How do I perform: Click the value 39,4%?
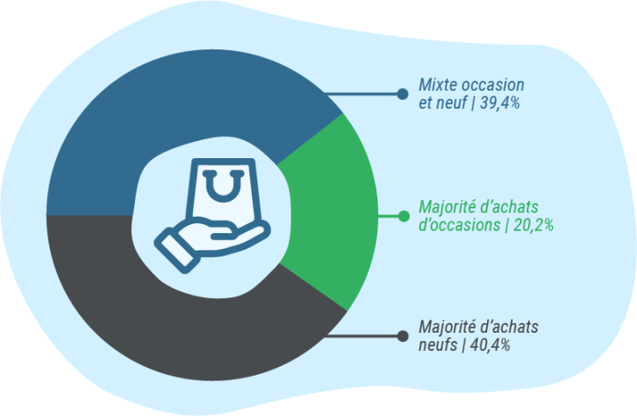[499, 103]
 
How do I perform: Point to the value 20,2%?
[533, 225]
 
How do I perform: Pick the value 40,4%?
[490, 345]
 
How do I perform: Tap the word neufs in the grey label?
[438, 345]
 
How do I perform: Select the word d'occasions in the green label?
[460, 225]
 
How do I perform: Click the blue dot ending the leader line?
[403, 94]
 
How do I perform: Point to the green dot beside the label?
[404, 216]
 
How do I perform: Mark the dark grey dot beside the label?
[403, 336]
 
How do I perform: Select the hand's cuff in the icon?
[177, 250]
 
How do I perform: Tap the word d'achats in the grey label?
[509, 327]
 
